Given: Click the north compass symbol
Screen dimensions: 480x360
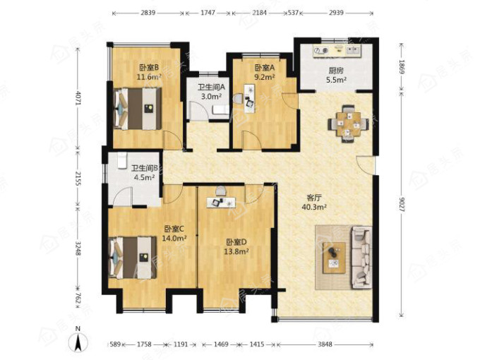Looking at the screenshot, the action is pos(78,341).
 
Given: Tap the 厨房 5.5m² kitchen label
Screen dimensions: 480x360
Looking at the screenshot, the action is pos(336,76).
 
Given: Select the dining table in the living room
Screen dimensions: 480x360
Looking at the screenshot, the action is pos(349,124).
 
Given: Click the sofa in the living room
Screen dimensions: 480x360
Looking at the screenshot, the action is pos(361,257).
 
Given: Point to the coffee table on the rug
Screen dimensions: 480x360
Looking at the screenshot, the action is pos(334,258).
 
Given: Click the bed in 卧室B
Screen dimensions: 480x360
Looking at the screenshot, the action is pos(138,109).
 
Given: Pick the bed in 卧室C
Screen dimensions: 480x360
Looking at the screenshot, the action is pos(133,257).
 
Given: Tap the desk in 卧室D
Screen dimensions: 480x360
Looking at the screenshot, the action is pos(221,202).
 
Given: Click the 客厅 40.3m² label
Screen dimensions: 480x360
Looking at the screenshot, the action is pos(314,203).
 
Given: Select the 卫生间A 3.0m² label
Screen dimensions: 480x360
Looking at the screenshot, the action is pos(211,92).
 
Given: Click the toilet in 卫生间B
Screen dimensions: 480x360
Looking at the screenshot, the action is pos(122,160).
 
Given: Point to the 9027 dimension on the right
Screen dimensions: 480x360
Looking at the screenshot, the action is pos(402,205).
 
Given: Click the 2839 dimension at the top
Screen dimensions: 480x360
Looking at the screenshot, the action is pos(148,13).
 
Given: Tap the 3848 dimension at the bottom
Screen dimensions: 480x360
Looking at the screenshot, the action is pos(325,344).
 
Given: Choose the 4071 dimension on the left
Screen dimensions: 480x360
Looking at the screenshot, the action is pos(78,98).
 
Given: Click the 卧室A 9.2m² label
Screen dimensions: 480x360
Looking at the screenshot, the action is pos(265,72).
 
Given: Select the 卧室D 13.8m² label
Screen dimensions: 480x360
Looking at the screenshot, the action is pos(236,247).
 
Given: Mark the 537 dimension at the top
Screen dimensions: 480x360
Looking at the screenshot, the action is pos(293,13).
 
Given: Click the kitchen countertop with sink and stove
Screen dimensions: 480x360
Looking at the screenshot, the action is pos(337,50).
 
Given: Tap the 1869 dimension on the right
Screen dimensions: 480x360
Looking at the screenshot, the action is pos(402,67).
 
